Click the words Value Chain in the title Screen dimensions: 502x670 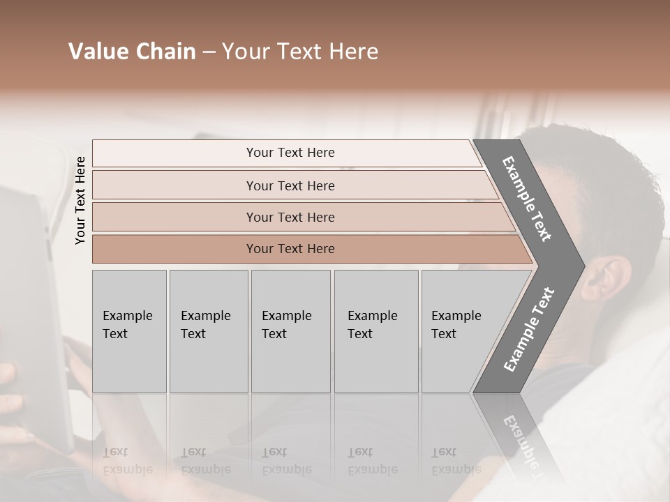tap(132, 52)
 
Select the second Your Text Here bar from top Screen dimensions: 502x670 tap(290, 185)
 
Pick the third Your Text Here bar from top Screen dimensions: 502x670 tap(290, 217)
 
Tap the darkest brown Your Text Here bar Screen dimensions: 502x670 tap(290, 249)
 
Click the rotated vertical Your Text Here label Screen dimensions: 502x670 tap(80, 200)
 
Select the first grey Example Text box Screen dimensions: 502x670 tap(129, 331)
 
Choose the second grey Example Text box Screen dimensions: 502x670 tap(208, 331)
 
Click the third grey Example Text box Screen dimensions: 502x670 tap(290, 331)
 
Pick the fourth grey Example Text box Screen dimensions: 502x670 tap(375, 331)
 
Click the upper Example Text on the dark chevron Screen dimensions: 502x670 tap(528, 199)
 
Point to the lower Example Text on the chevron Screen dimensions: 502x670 tap(529, 329)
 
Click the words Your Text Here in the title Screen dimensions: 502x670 tap(300, 52)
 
